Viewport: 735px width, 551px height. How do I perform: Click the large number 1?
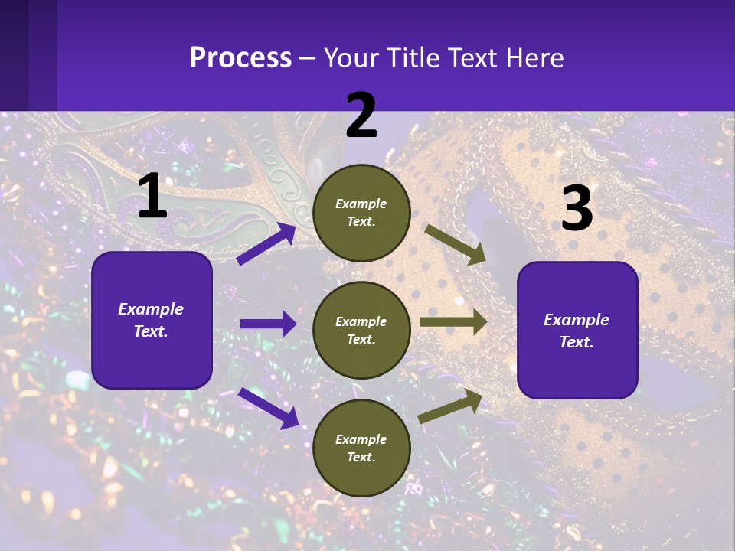pos(152,197)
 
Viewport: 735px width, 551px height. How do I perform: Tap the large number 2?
pos(361,116)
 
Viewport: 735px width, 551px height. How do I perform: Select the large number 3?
pos(577,209)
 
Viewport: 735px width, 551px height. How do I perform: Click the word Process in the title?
pos(240,57)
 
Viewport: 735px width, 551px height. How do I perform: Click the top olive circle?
pos(361,213)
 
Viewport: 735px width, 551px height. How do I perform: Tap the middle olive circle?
pos(361,331)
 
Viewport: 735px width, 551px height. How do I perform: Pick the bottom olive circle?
pos(361,448)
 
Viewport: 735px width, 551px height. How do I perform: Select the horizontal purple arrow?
pos(268,324)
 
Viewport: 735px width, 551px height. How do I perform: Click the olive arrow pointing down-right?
pos(456,244)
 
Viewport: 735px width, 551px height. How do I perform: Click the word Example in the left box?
pos(151,309)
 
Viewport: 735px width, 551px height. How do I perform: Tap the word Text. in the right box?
pos(577,342)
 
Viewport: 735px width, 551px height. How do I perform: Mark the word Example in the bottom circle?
pos(361,439)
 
